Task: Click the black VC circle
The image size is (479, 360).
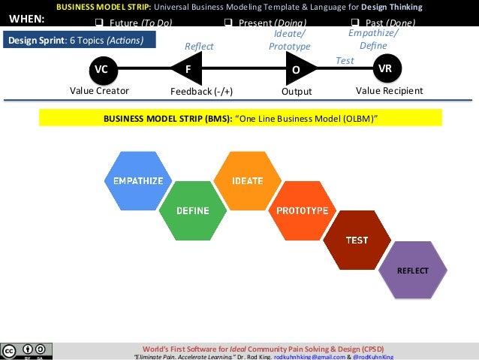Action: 100,69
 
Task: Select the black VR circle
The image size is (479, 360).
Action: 385,68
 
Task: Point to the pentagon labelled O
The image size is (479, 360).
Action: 295,69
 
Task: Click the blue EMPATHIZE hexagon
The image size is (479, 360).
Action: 137,181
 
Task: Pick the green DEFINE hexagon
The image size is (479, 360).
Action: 192,210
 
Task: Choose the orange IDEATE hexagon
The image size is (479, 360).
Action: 247,181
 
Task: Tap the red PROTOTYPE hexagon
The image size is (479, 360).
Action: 302,210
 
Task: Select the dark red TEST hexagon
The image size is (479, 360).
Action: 357,241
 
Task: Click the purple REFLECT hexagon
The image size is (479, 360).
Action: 412,270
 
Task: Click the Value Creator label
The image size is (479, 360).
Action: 100,91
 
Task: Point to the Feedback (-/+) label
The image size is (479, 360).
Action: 202,91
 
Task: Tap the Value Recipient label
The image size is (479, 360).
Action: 389,91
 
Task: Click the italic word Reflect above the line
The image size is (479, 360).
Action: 199,47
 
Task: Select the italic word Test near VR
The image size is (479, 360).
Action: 345,59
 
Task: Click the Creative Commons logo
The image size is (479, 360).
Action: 27,351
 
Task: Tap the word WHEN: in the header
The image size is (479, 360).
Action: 26,20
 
